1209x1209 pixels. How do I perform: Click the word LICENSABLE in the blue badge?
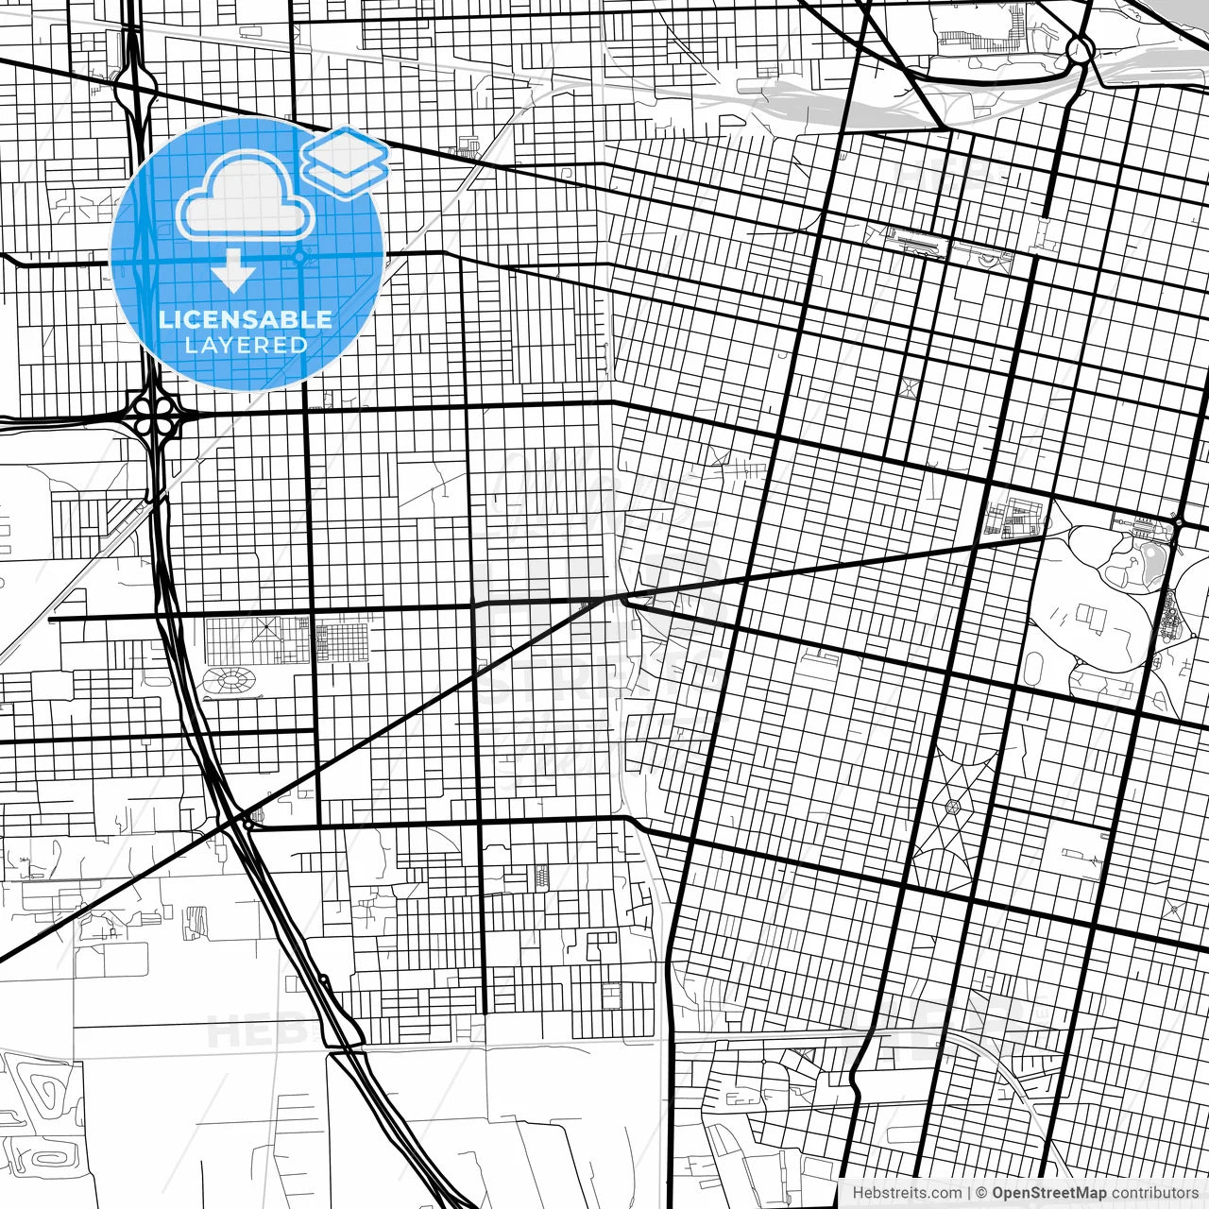click(246, 319)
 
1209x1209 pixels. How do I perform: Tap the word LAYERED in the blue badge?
click(246, 345)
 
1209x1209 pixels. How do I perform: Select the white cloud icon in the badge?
click(246, 194)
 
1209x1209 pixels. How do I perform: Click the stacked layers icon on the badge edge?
click(345, 161)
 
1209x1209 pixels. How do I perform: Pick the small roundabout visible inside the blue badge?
click(299, 255)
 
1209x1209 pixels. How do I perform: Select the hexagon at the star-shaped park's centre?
click(953, 807)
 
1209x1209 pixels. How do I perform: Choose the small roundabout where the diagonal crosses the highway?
click(247, 825)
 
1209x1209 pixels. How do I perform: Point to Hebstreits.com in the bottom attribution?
click(901, 1193)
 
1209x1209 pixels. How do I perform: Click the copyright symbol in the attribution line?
click(981, 1193)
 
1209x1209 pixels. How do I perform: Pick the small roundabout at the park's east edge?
click(1178, 522)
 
